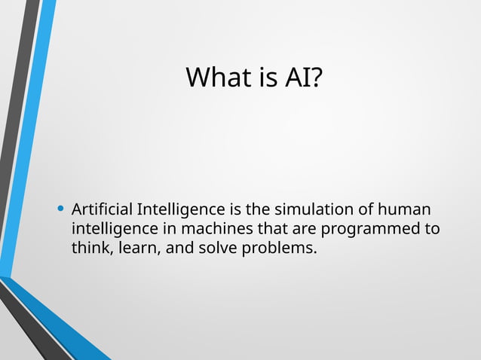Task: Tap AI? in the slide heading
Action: [302, 78]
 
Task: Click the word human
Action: [408, 209]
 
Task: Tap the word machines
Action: [209, 228]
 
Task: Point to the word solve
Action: [219, 248]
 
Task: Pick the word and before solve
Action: [179, 248]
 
